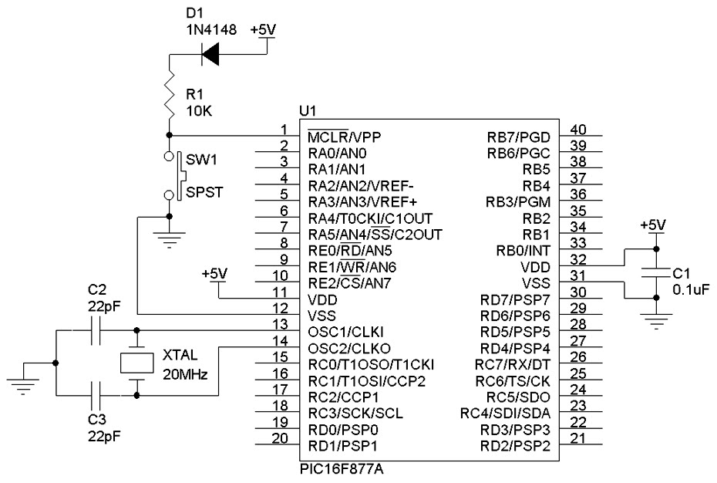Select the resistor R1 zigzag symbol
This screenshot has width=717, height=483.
[x=169, y=94]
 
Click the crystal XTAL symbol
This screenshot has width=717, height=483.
[x=137, y=363]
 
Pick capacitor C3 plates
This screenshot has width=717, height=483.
[x=96, y=396]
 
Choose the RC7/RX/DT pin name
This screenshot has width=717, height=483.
[x=513, y=363]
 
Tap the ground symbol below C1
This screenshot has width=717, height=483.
[x=655, y=323]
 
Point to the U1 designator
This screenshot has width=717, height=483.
[x=307, y=113]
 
